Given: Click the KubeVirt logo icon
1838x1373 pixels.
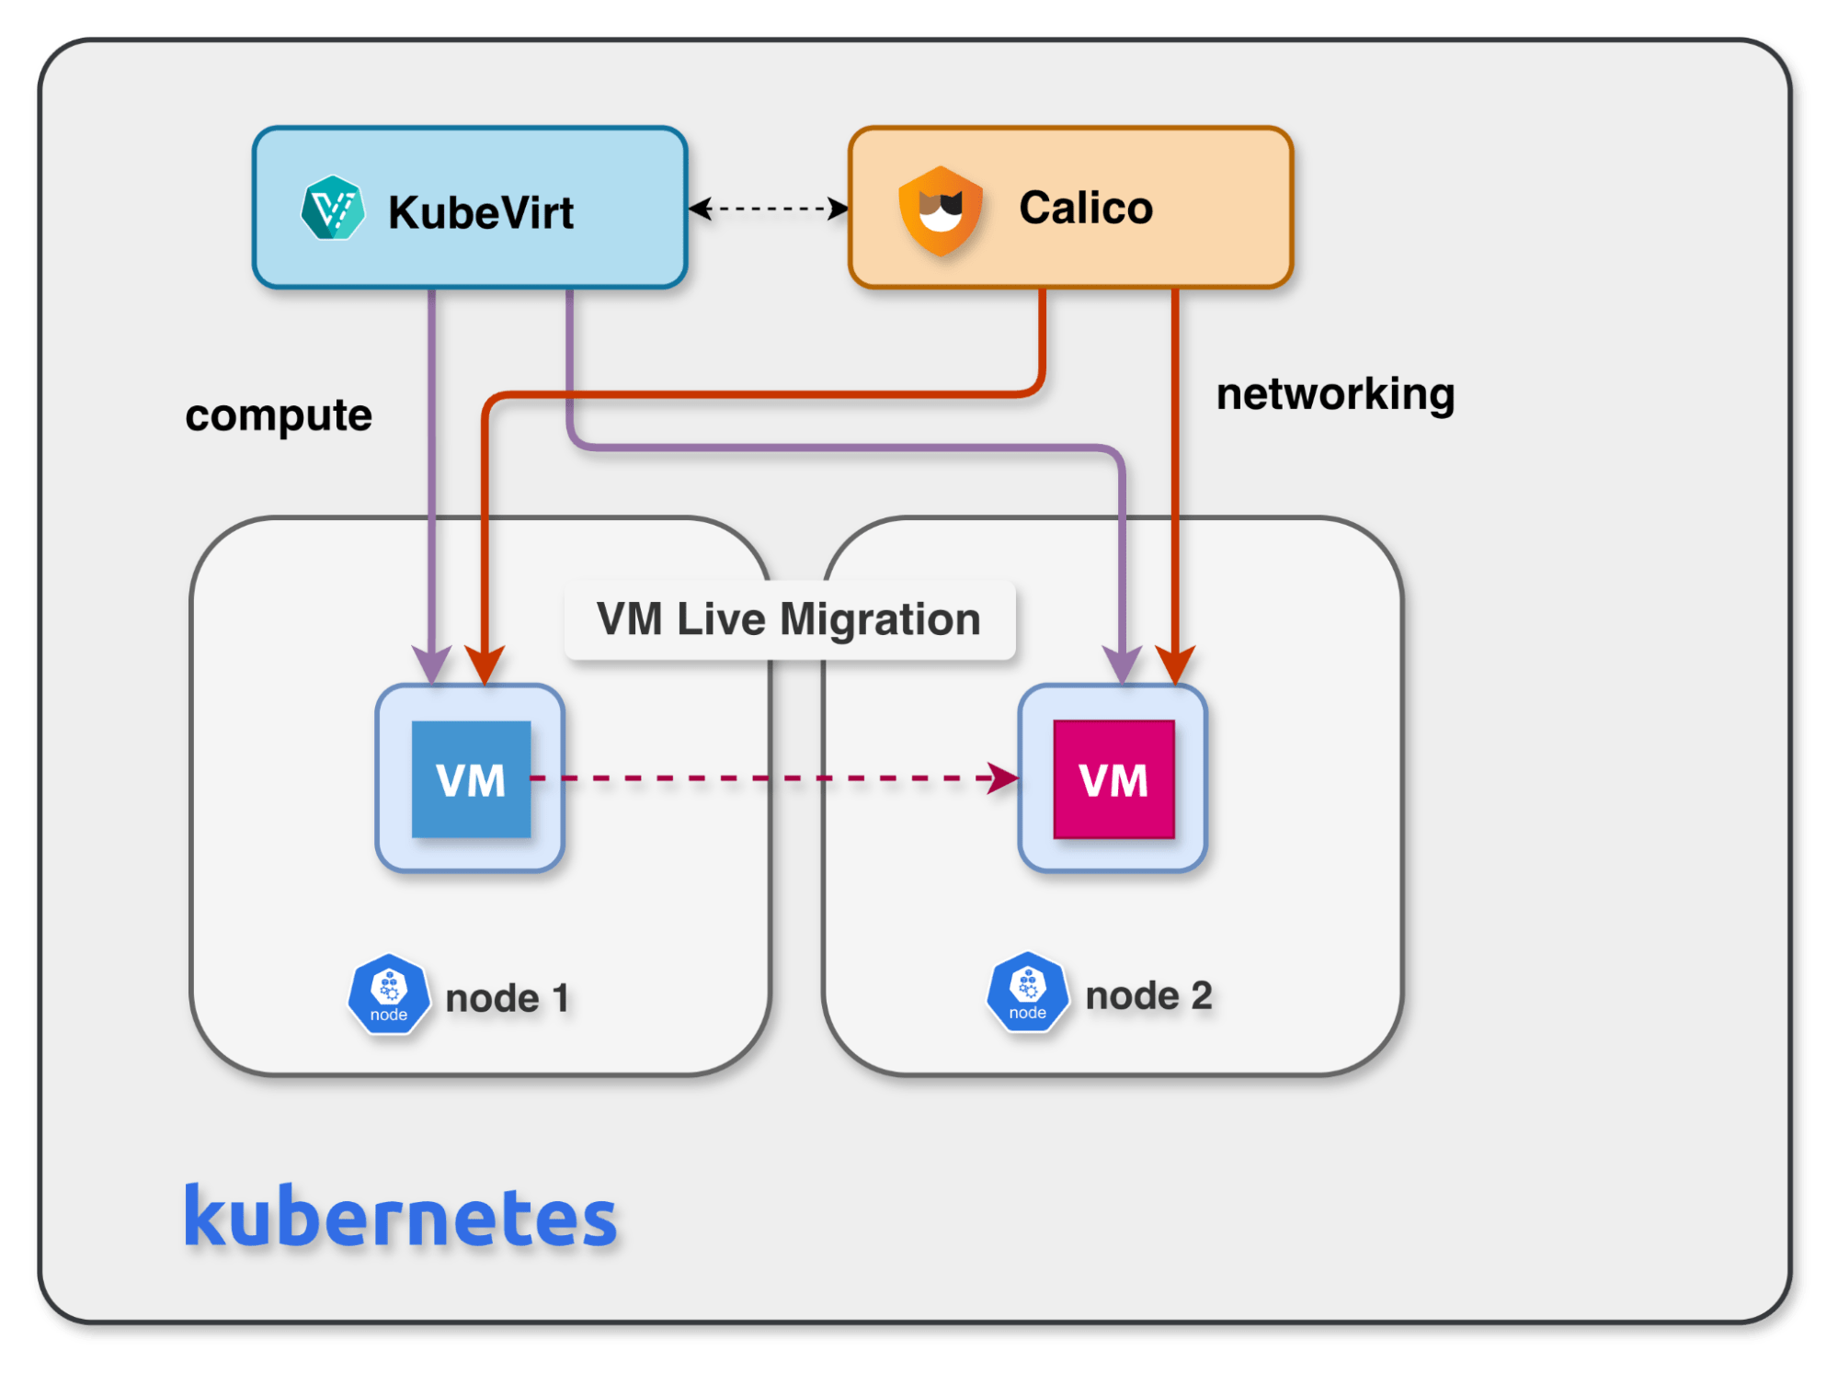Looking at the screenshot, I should (x=332, y=208).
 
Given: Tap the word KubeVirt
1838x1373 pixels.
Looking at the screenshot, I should (x=480, y=212).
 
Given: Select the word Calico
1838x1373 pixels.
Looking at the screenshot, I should (x=1085, y=208).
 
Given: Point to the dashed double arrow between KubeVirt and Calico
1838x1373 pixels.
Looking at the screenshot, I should (x=769, y=209).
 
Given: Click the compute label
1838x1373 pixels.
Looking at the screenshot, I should (x=279, y=415).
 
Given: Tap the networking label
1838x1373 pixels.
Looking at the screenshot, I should (x=1335, y=394).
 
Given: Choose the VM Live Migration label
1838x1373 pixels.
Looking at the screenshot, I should (x=789, y=618).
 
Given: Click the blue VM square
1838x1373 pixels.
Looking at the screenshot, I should (x=471, y=779).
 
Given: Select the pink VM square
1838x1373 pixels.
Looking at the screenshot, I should (x=1113, y=779).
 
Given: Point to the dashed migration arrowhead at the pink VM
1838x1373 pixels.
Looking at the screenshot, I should (x=1004, y=777).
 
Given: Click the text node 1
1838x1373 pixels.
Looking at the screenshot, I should (x=507, y=998).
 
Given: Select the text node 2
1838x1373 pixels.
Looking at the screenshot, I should (x=1148, y=995).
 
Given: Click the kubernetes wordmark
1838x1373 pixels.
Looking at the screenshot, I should (x=400, y=1217).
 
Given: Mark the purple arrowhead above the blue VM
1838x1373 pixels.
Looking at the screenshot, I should (x=431, y=664).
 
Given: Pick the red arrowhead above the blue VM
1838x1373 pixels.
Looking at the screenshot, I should (x=485, y=664).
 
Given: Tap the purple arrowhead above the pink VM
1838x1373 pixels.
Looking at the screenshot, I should (x=1122, y=664).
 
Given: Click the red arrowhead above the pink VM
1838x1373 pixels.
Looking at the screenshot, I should (x=1175, y=664).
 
